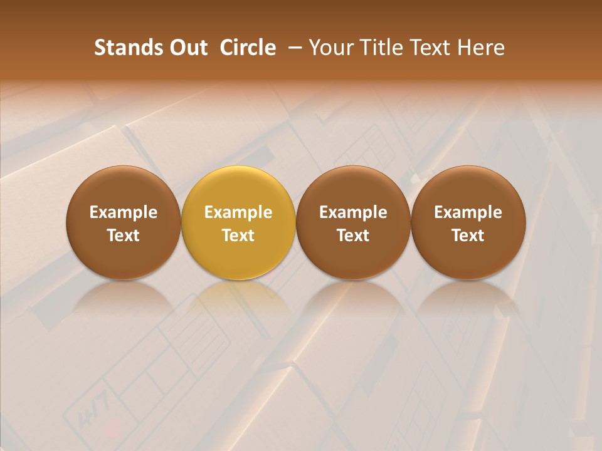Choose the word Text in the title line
coord(429,48)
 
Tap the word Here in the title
coord(481,48)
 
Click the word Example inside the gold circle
coord(238,212)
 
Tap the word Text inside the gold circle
coord(238,236)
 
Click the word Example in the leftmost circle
coord(124,212)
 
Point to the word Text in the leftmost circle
coord(124,236)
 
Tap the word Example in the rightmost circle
coord(468,212)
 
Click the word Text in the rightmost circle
coord(468,236)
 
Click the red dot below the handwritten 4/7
coord(114,428)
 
